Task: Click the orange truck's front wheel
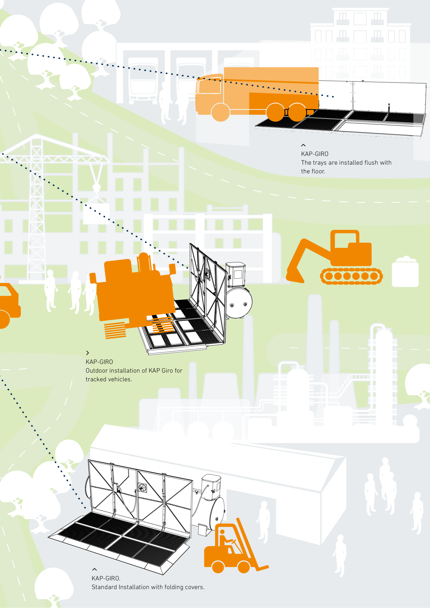click(221, 112)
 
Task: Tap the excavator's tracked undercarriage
click(351, 276)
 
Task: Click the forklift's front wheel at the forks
click(244, 567)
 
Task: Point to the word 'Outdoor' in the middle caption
click(96, 371)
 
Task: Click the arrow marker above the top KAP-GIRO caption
click(303, 145)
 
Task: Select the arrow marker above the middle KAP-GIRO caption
click(87, 353)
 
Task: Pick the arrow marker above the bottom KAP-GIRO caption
click(94, 569)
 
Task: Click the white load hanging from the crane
click(96, 214)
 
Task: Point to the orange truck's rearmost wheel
click(297, 112)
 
